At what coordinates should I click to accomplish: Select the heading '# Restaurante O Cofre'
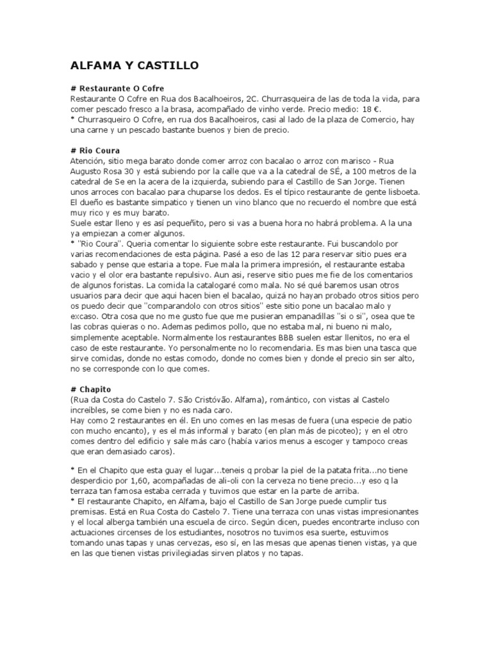coord(121,88)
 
